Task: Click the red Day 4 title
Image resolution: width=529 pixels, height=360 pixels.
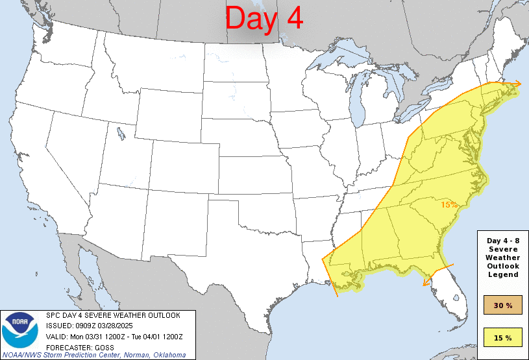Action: (x=264, y=19)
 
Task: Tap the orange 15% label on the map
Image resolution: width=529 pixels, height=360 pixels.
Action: (x=449, y=204)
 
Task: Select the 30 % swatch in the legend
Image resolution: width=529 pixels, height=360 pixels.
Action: (x=504, y=305)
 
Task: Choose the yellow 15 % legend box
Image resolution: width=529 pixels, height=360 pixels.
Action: (x=504, y=337)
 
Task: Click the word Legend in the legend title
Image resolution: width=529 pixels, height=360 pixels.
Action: (x=504, y=274)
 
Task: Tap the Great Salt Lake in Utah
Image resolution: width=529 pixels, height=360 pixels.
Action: (x=121, y=134)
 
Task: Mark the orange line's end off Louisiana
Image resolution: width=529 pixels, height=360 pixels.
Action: (x=337, y=296)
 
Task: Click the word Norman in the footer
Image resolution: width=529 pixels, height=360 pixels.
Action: (x=136, y=355)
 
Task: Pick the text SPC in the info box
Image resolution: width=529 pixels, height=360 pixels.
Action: (x=53, y=315)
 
